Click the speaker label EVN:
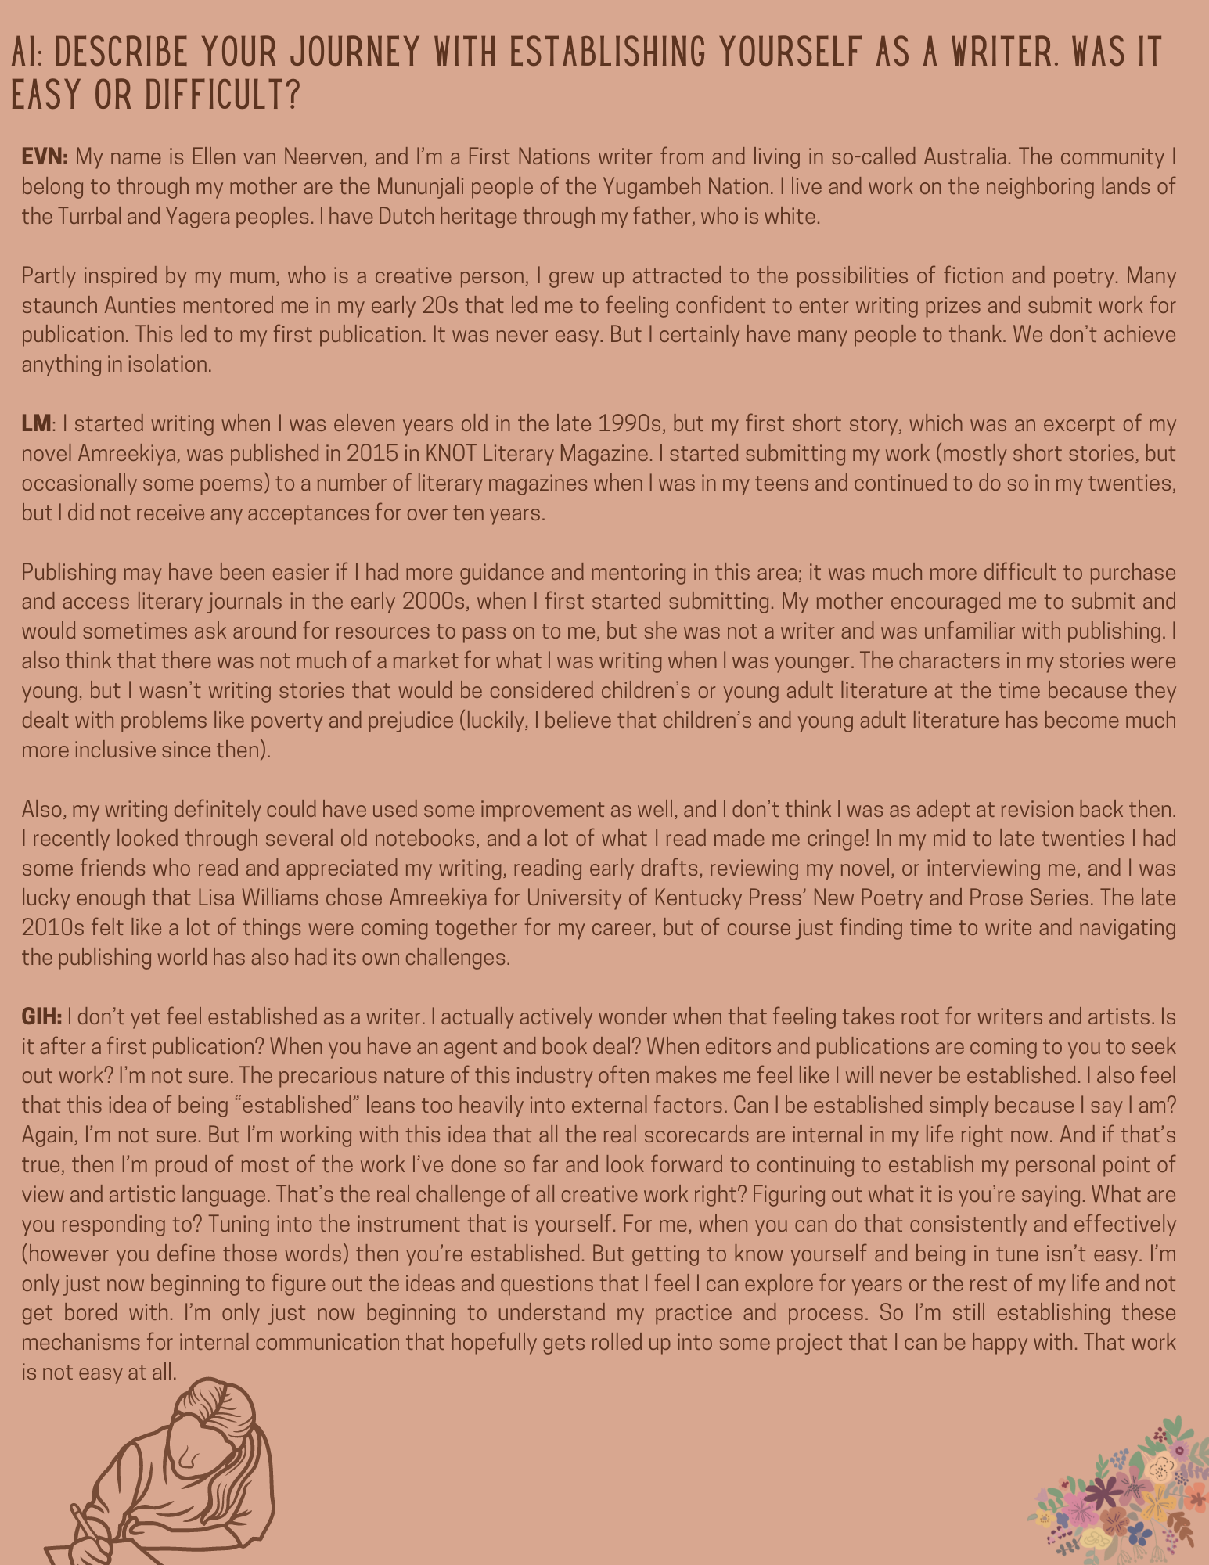coord(45,157)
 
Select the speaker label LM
coord(36,424)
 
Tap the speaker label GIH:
coord(41,1016)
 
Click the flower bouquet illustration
coord(1120,1495)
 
